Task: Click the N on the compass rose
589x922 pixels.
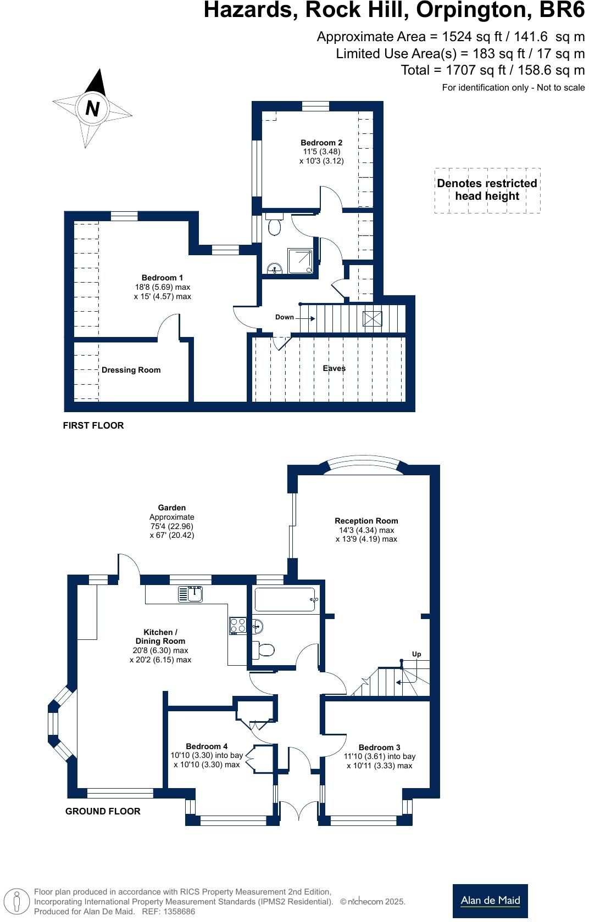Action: (92, 108)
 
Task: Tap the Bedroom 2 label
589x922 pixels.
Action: (321, 143)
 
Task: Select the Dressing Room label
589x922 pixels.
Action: (131, 370)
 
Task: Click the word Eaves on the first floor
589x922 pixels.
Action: (334, 368)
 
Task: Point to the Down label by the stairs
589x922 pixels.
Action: (285, 317)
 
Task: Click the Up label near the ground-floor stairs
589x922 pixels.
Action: (416, 654)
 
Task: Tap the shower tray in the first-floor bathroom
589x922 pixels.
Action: (300, 261)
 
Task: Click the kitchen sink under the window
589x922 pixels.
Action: (191, 594)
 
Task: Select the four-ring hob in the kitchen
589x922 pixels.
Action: (238, 626)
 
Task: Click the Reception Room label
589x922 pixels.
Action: (366, 521)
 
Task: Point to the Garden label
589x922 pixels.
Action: (171, 508)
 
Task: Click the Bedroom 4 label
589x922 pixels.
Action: (207, 746)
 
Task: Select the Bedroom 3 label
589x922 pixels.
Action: (379, 747)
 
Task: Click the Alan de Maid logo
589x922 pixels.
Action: (490, 900)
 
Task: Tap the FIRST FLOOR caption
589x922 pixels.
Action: (93, 425)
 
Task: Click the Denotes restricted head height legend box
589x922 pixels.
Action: (487, 190)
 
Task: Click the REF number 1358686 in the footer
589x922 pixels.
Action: (176, 912)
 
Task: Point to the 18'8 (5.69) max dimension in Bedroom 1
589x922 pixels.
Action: (163, 287)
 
